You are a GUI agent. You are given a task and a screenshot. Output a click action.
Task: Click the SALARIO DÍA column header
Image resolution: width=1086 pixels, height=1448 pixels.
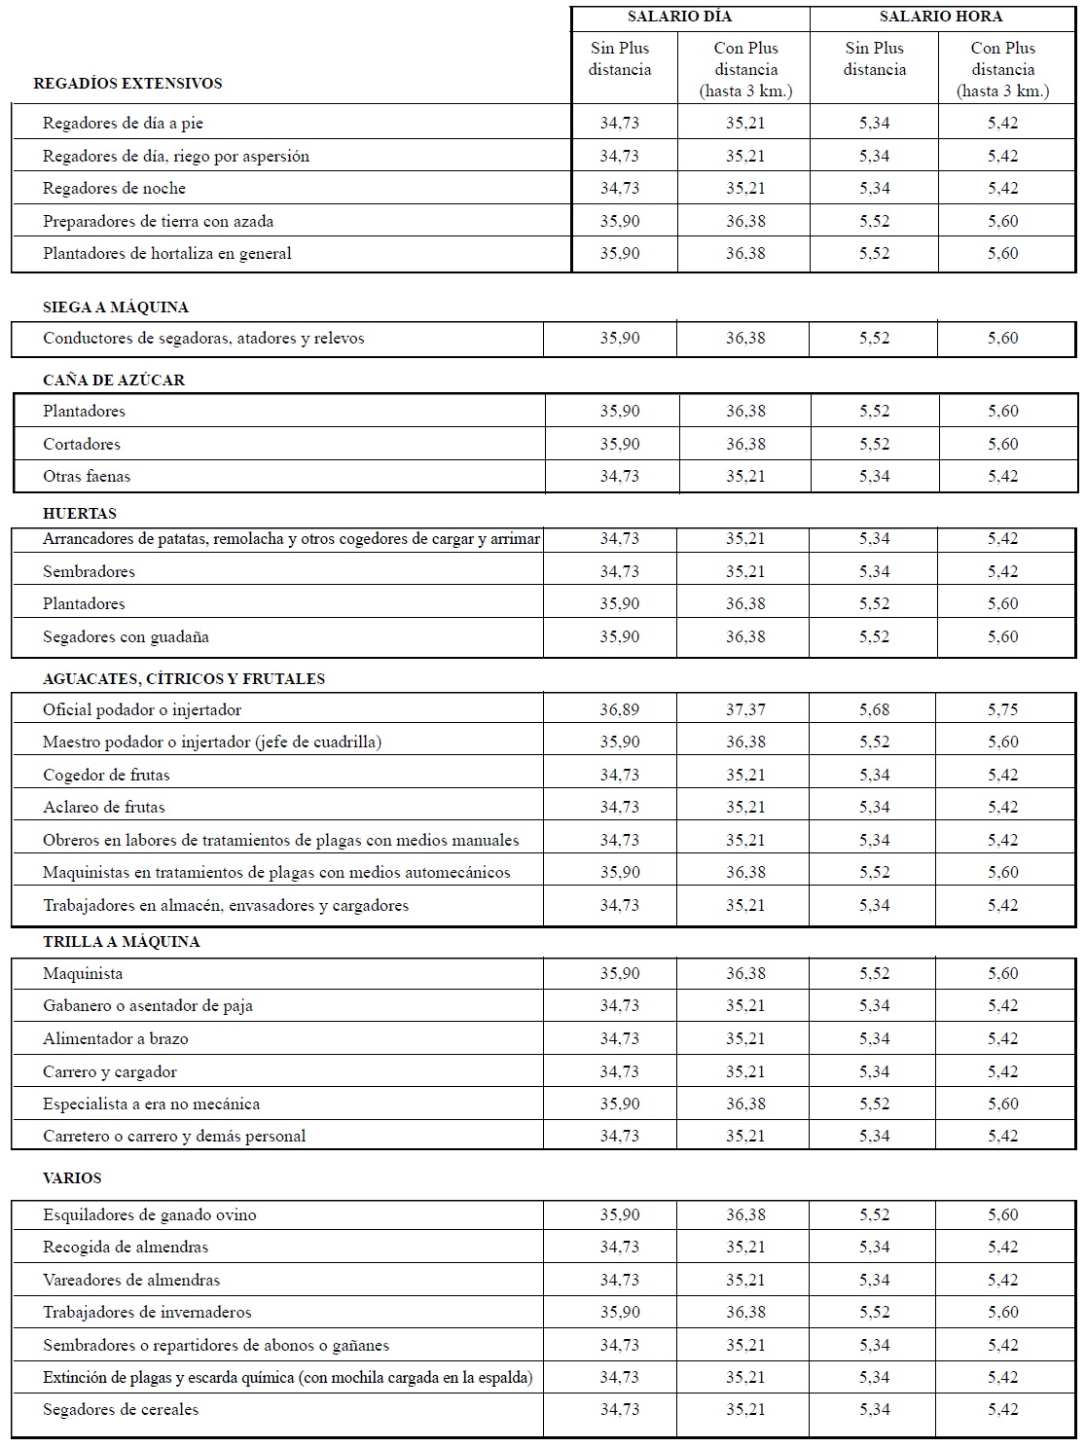(679, 17)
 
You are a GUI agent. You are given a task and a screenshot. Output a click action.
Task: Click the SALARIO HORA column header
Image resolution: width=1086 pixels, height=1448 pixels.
(940, 17)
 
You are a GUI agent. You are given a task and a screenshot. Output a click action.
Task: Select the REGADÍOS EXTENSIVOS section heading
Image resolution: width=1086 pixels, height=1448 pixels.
(127, 84)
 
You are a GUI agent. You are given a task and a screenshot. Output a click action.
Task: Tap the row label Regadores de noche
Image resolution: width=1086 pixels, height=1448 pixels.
(114, 188)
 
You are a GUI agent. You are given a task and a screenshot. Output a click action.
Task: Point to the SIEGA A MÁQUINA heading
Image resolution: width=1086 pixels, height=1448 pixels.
(116, 308)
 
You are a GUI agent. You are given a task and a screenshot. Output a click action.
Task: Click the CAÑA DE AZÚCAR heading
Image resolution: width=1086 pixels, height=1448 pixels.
(114, 380)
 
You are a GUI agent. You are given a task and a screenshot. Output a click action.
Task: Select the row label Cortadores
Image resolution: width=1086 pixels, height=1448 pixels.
(82, 444)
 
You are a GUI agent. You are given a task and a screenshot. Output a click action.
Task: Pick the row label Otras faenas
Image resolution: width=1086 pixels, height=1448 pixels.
(87, 476)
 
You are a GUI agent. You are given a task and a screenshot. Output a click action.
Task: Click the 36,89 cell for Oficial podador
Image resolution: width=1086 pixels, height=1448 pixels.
(620, 709)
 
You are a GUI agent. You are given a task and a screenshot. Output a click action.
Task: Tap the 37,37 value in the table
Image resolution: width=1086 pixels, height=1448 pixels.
(745, 709)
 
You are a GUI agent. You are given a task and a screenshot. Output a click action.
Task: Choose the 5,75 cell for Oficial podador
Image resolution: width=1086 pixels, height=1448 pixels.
(1002, 709)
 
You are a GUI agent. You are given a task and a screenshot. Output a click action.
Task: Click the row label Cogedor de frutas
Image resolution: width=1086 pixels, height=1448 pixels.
(106, 775)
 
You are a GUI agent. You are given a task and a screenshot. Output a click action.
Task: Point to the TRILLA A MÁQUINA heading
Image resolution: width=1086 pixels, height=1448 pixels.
(122, 942)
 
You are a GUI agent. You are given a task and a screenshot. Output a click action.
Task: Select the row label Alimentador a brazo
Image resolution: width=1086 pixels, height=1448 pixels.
(116, 1038)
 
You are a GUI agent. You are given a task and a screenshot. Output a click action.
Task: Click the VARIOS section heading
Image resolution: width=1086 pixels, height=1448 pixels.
(72, 1178)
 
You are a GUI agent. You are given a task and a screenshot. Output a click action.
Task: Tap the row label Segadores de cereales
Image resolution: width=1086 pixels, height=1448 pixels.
(121, 1409)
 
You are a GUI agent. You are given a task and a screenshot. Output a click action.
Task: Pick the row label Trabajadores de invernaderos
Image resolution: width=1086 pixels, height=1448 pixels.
(147, 1312)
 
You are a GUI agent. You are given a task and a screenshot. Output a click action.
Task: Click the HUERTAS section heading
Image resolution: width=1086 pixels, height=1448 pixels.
(80, 514)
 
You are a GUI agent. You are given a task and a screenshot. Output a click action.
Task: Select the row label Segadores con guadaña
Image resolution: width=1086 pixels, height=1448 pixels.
(126, 636)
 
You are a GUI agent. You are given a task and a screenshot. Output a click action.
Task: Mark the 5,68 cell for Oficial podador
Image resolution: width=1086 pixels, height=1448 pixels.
(874, 709)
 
